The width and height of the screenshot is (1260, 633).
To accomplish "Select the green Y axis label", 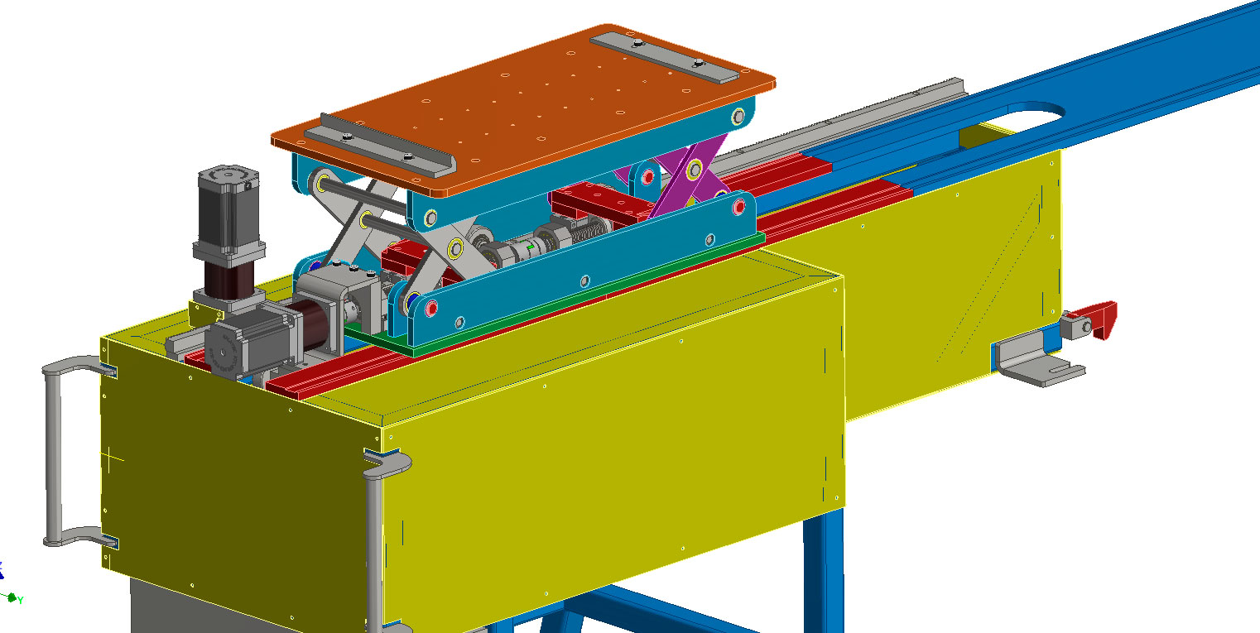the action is click(20, 601).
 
